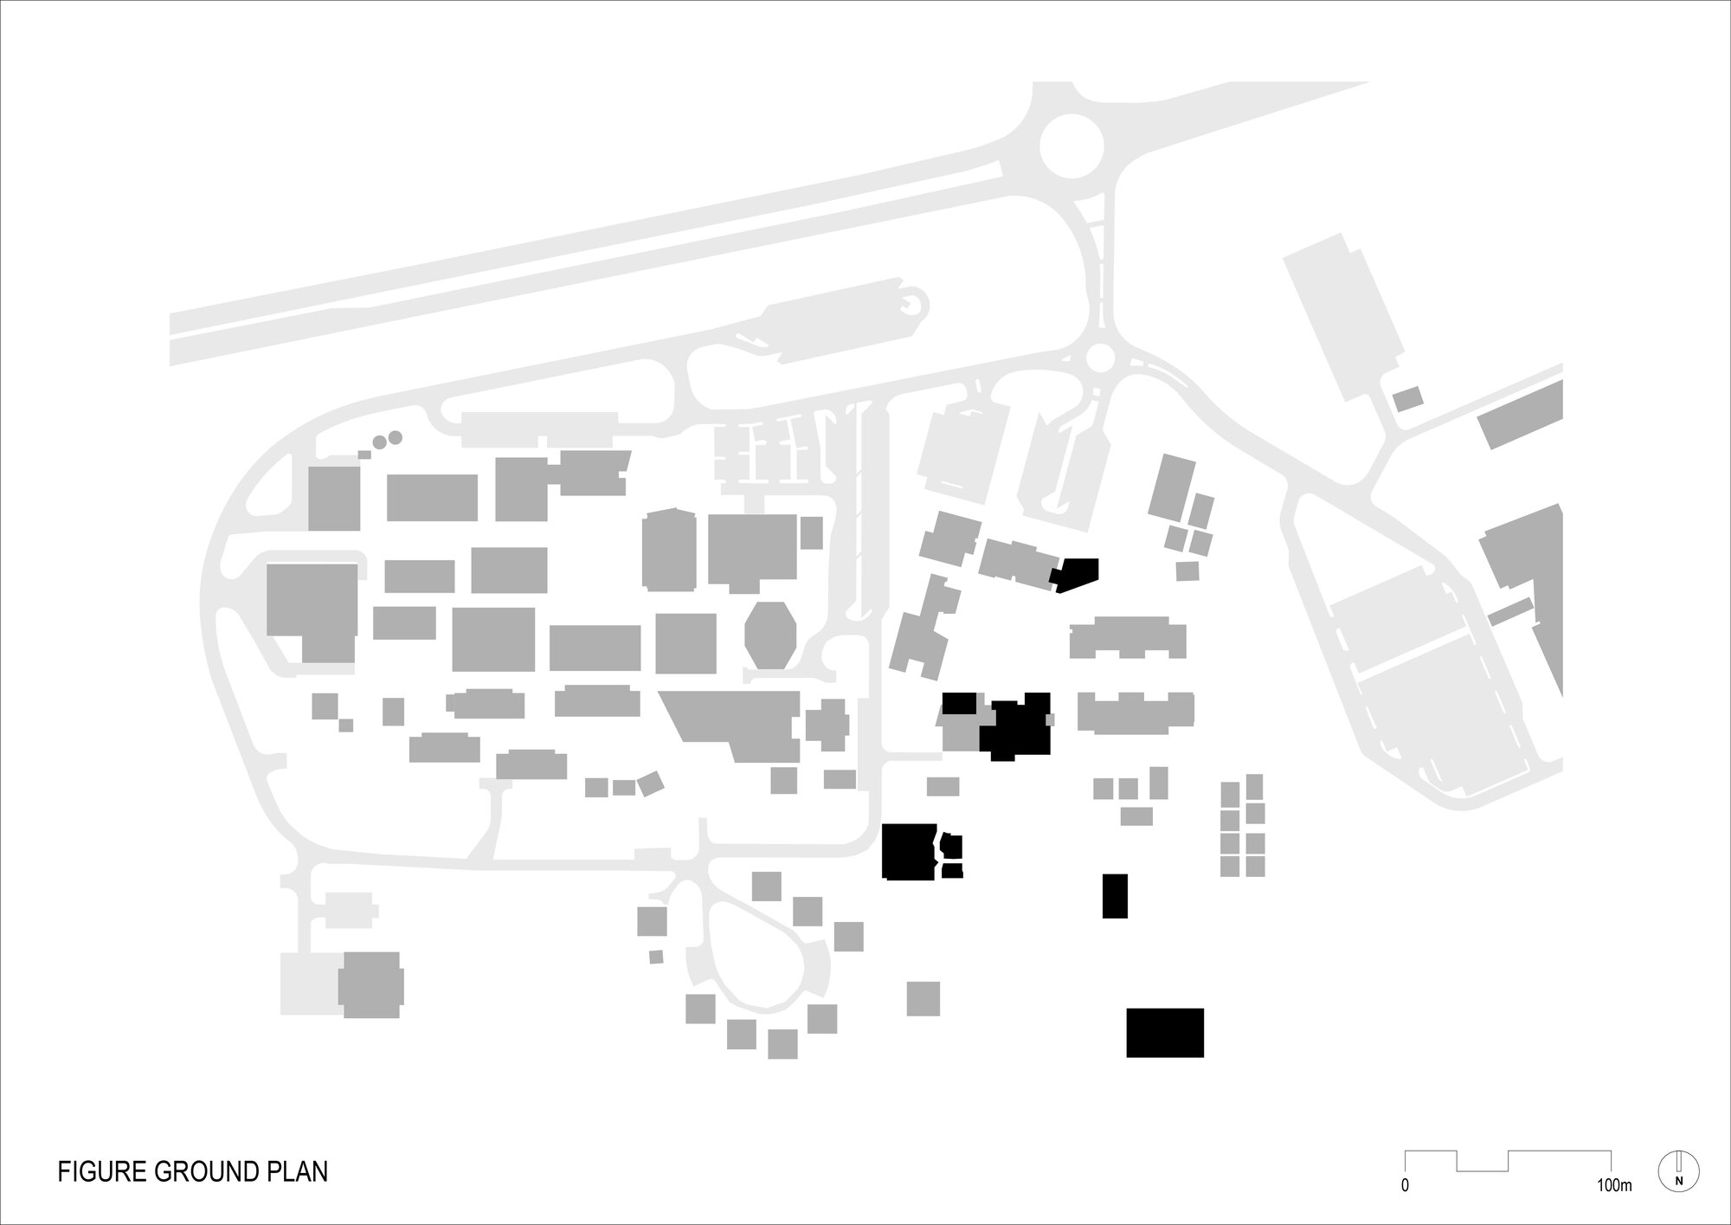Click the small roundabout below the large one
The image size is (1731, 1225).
tap(1100, 358)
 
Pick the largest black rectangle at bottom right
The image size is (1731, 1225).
tap(1164, 1032)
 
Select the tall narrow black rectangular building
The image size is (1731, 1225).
tap(1115, 895)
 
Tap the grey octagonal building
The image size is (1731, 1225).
tap(771, 635)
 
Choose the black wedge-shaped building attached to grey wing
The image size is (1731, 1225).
tap(1075, 573)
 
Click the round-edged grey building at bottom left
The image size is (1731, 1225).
tap(371, 985)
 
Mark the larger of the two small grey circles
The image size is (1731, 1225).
tap(395, 438)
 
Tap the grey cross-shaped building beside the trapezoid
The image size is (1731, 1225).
tap(827, 725)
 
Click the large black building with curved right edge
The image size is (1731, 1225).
tap(909, 851)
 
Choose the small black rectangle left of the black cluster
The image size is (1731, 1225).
tap(959, 702)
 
